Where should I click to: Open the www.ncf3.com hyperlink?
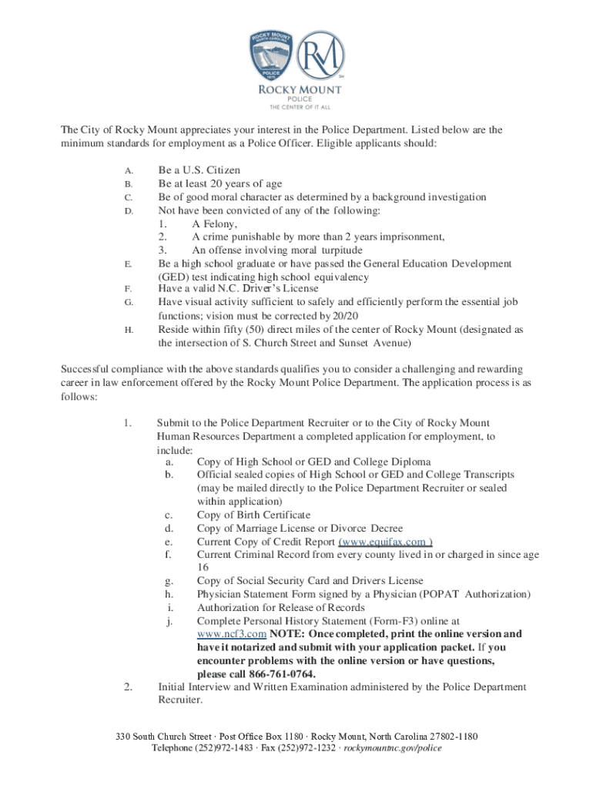click(x=231, y=634)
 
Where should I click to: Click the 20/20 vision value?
click(x=344, y=316)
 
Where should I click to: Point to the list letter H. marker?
click(x=128, y=330)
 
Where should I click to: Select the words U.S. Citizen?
click(x=209, y=170)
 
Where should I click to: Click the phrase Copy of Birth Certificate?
click(x=253, y=515)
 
